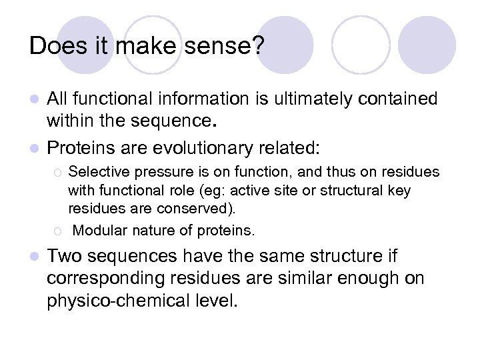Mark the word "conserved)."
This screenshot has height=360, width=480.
[197, 208]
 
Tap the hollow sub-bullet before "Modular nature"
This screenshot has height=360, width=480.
[57, 231]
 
